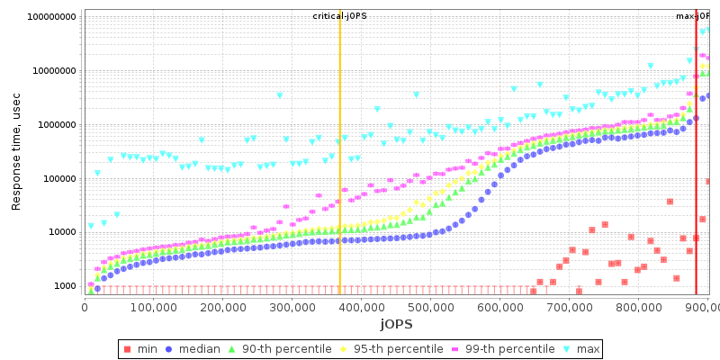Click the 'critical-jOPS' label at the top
[340, 16]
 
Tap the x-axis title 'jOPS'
[396, 323]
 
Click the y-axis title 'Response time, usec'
[16, 150]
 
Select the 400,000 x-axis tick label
[361, 308]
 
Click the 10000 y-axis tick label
[60, 232]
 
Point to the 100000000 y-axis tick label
[51, 17]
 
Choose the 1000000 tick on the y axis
[56, 125]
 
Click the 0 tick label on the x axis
[85, 308]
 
